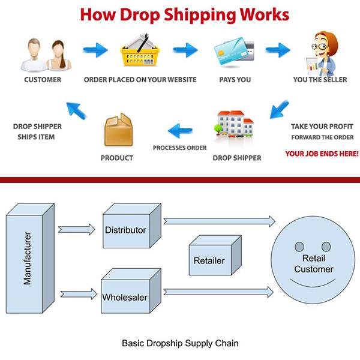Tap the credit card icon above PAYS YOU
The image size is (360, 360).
(x=233, y=52)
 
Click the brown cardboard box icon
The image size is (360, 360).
(x=118, y=130)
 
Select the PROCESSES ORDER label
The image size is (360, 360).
(x=179, y=148)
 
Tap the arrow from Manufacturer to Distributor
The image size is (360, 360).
(x=76, y=229)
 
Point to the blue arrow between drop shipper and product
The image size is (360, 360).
(x=181, y=128)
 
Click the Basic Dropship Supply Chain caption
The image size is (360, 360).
(x=180, y=344)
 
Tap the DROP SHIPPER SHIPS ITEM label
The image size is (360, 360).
(x=37, y=131)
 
